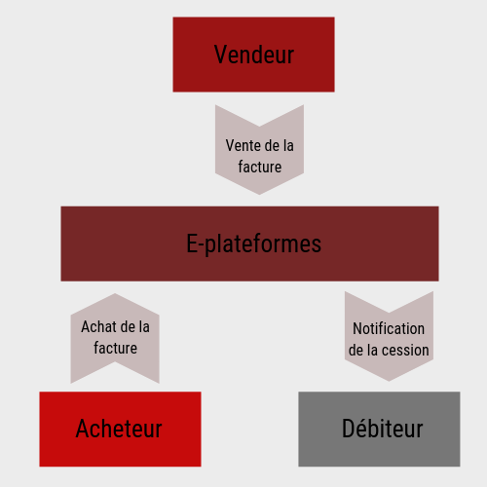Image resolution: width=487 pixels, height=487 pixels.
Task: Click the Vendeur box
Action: (253, 55)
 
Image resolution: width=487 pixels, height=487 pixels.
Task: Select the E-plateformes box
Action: (249, 243)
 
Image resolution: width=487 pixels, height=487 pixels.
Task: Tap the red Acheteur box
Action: (120, 429)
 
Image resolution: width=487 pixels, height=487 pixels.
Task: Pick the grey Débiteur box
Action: (379, 429)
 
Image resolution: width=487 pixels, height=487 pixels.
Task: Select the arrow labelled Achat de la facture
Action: (115, 339)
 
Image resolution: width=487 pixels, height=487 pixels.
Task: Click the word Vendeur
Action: (254, 55)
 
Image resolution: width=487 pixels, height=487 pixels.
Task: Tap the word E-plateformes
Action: (253, 244)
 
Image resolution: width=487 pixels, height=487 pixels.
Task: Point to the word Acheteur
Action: (119, 429)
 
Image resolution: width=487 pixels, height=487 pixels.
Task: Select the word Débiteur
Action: (383, 429)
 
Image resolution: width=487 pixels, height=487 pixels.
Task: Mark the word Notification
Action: (389, 328)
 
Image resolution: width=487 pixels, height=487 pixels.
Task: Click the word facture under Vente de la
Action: (260, 167)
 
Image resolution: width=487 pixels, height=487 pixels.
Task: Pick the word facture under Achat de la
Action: (115, 348)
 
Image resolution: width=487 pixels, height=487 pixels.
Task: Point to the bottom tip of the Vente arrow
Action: (259, 195)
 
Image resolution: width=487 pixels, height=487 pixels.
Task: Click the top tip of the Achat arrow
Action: (115, 293)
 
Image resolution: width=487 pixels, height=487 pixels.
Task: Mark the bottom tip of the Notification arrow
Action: (389, 381)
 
